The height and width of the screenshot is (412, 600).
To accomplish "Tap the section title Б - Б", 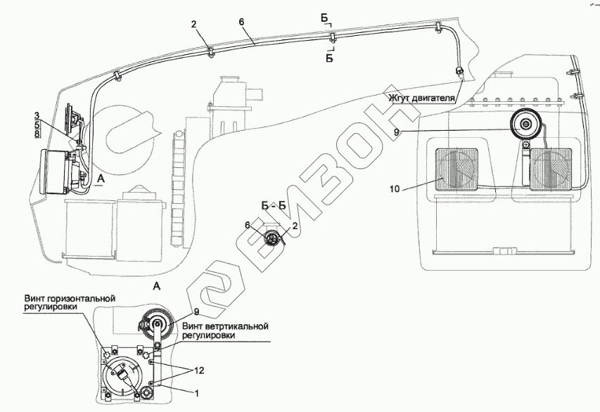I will point(273,206).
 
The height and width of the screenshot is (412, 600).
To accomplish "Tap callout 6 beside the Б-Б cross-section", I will point(248,224).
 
